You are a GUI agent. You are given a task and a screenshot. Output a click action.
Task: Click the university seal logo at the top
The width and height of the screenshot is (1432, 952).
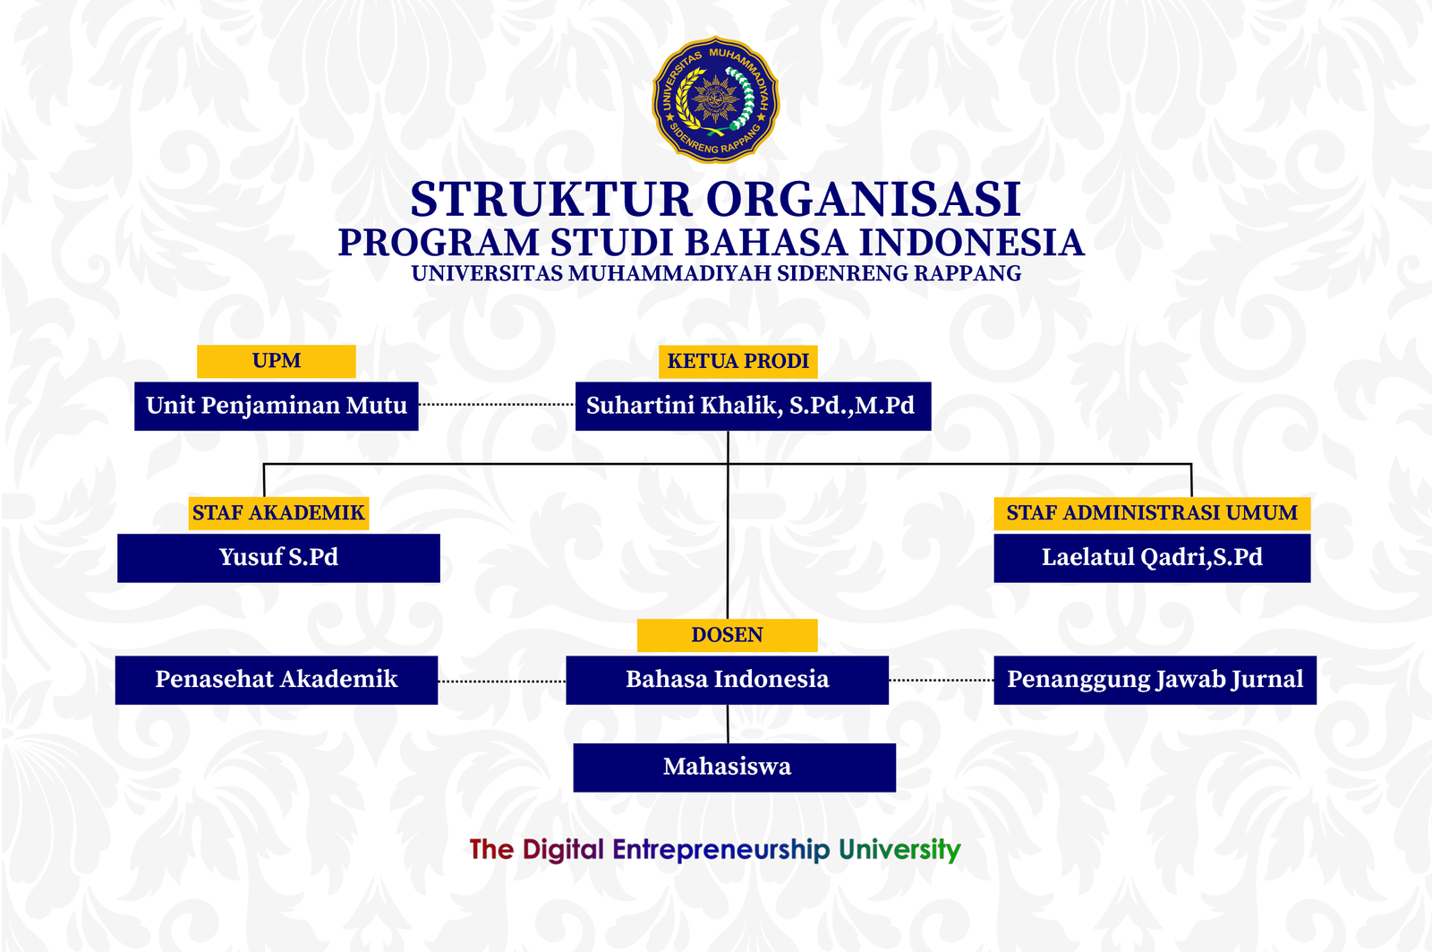pyautogui.click(x=715, y=99)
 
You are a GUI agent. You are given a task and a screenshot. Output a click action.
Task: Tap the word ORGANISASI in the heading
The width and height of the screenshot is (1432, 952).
pyautogui.click(x=864, y=199)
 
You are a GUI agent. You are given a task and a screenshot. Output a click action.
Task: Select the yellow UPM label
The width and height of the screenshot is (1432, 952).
pyautogui.click(x=276, y=361)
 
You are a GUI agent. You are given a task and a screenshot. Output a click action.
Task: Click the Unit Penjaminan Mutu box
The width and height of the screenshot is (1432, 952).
pyautogui.click(x=276, y=406)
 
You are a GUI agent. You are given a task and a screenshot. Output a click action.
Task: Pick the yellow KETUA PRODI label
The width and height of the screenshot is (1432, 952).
pyautogui.click(x=738, y=361)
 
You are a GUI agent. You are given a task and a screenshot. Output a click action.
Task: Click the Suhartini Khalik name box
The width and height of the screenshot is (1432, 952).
pyautogui.click(x=752, y=406)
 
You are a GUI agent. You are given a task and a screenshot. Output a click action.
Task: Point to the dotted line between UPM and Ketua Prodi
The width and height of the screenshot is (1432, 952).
pyautogui.click(x=497, y=405)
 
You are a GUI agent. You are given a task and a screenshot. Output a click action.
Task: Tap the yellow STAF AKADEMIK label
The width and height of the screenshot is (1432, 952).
pyautogui.click(x=278, y=513)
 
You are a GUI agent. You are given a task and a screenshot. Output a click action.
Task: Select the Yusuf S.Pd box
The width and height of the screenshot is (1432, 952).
pyautogui.click(x=278, y=558)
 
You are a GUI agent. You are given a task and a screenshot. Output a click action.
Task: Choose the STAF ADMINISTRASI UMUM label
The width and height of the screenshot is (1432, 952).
pyautogui.click(x=1152, y=513)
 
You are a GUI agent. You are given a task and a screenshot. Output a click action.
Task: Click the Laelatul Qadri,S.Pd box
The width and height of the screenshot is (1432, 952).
pyautogui.click(x=1152, y=558)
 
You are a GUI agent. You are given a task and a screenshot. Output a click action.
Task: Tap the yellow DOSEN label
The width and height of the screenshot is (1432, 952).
pyautogui.click(x=727, y=635)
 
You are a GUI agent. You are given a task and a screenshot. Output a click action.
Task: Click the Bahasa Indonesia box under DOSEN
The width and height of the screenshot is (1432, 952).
pyautogui.click(x=727, y=680)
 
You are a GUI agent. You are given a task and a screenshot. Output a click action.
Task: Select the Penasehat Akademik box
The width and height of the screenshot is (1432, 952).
pyautogui.click(x=276, y=680)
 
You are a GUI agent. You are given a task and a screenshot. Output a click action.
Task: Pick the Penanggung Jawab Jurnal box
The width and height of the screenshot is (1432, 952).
pyautogui.click(x=1155, y=680)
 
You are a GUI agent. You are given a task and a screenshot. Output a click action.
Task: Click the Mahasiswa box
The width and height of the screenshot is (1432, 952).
pyautogui.click(x=734, y=768)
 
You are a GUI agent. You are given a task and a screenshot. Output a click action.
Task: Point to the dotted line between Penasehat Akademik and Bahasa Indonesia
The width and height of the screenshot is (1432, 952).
pyautogui.click(x=501, y=682)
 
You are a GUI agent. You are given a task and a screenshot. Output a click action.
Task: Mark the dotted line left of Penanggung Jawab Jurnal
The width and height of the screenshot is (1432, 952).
pyautogui.click(x=941, y=681)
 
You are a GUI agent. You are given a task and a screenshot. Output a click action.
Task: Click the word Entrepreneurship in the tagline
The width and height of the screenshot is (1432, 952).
pyautogui.click(x=720, y=850)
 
